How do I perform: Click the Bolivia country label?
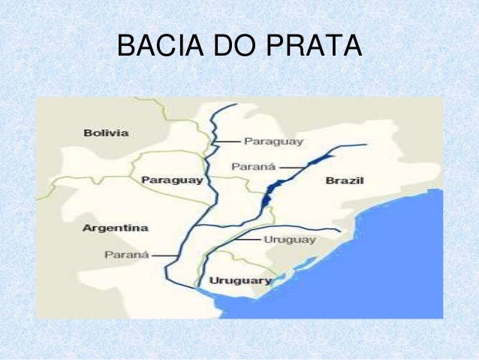click(x=106, y=133)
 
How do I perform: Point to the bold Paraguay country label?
click(x=172, y=181)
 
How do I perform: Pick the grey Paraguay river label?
click(x=273, y=141)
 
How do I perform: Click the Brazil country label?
click(x=345, y=181)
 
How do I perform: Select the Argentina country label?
click(x=116, y=227)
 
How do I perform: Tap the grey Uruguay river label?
click(x=290, y=240)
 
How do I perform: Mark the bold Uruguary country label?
click(x=240, y=280)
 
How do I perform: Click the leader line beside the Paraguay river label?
click(x=228, y=141)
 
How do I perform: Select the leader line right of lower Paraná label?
click(x=163, y=255)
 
